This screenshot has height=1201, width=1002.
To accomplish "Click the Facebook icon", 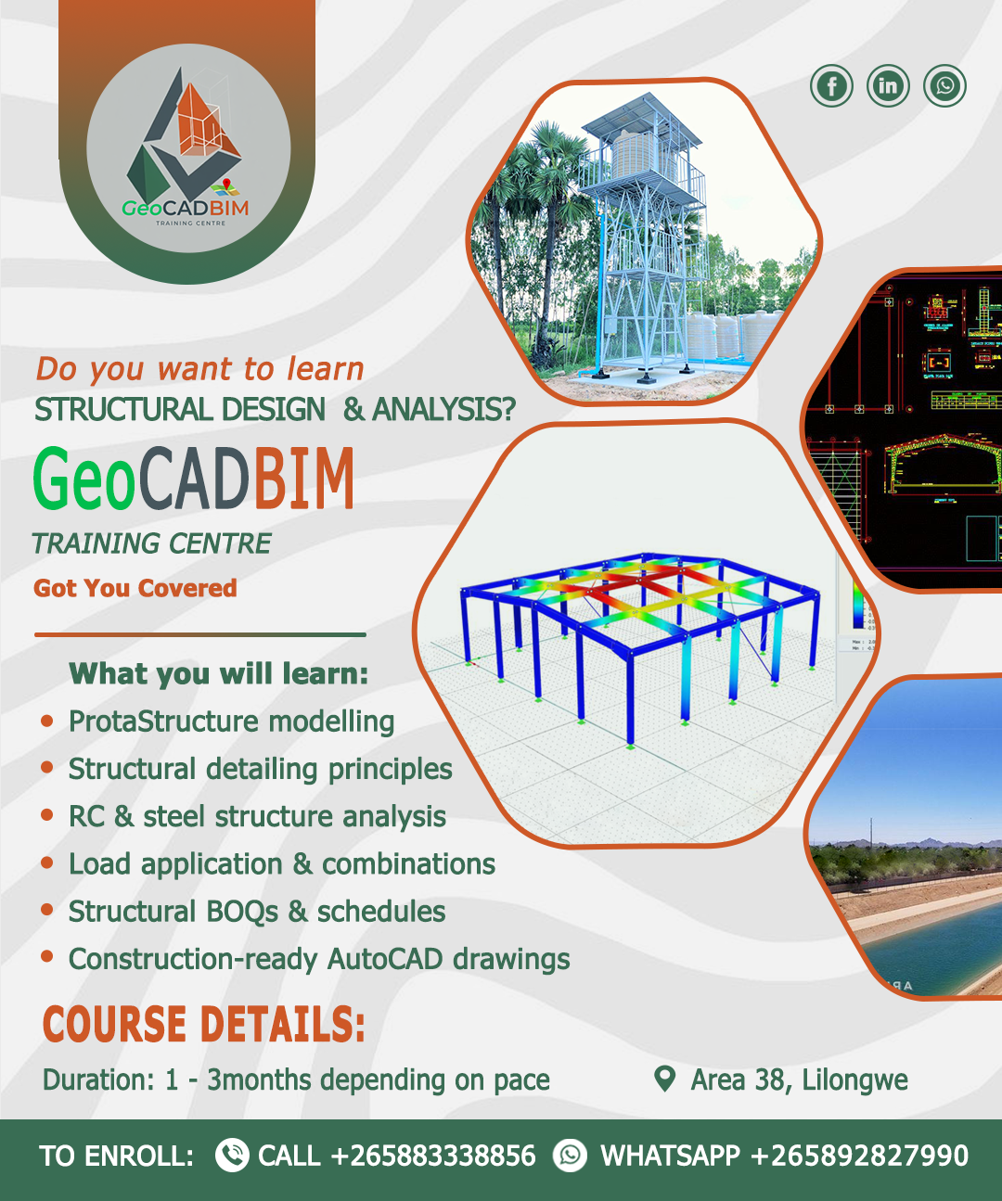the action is pos(831,85).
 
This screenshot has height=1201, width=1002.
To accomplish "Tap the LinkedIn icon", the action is pos(888,85).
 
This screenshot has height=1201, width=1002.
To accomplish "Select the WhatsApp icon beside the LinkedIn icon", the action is pos(944,85).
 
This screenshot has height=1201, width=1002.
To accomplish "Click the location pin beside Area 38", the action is pos(664,1079).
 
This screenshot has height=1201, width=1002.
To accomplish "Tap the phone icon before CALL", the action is pos(232,1155).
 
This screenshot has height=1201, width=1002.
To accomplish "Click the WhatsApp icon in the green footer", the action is pos(570,1155).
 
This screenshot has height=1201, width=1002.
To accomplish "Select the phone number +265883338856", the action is pos(433,1156).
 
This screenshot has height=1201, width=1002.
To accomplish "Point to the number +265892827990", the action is pos(860,1156).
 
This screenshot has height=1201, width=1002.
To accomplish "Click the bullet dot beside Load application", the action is pos(47,862).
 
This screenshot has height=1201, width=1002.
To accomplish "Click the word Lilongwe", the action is pos(854,1080).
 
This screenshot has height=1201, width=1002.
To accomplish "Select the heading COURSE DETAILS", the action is pos(204,1025).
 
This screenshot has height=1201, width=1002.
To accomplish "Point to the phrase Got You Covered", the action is pos(135,588).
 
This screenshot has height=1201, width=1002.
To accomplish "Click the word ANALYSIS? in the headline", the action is pos(443,410).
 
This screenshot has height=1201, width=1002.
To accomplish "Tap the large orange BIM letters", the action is pos(304,479).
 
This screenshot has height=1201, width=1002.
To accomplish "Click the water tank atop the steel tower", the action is pos(644,154).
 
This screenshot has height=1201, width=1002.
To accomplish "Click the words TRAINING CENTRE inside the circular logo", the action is pos(190,224).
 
